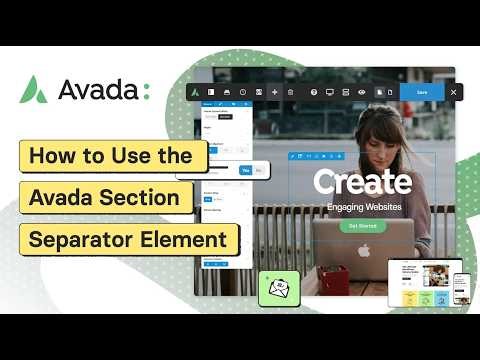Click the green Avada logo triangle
click(x=34, y=90)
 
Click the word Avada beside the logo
click(x=98, y=91)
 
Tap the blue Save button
click(x=421, y=92)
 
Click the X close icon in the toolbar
click(x=453, y=92)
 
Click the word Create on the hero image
click(x=361, y=183)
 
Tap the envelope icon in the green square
click(x=279, y=291)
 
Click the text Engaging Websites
click(x=361, y=207)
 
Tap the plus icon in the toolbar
click(x=275, y=92)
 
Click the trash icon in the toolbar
click(x=291, y=92)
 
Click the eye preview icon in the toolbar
click(x=361, y=92)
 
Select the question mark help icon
click(x=314, y=92)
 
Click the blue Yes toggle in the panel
click(x=243, y=171)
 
